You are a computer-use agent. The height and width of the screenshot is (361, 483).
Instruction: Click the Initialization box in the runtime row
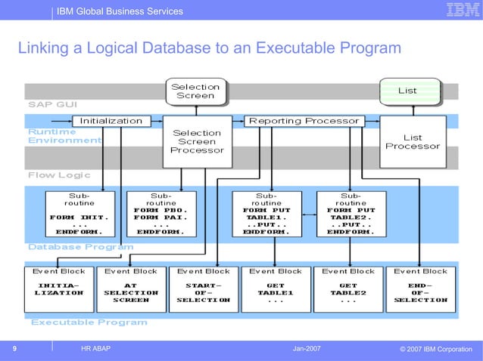point(111,121)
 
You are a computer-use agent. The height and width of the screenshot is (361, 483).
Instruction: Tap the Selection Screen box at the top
point(195,91)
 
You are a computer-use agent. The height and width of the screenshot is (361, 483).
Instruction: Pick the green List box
point(407,91)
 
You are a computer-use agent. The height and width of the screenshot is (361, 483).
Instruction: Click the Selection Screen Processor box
point(197,141)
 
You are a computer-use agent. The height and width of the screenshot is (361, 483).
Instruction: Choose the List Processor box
point(413,142)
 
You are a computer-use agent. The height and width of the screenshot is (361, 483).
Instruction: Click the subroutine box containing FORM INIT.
point(79,214)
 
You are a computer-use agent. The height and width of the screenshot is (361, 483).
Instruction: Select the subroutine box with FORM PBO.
point(160,214)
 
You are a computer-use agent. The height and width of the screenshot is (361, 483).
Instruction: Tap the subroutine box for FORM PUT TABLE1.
point(266,214)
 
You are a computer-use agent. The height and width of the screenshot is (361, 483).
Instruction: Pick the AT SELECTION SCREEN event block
point(131,288)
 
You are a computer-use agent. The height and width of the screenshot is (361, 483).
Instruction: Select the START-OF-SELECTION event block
point(203,288)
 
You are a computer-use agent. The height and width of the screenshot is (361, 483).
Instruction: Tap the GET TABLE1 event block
point(275,288)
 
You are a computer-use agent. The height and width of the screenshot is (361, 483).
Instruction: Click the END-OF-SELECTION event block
point(420,288)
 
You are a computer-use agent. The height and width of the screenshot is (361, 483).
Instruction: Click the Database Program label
point(80,247)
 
